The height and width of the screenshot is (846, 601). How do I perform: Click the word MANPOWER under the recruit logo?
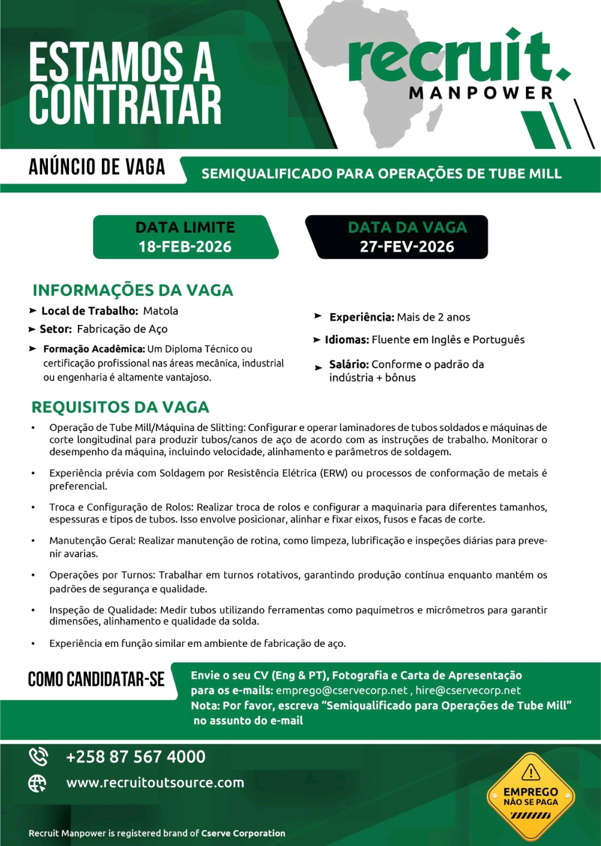[481, 93]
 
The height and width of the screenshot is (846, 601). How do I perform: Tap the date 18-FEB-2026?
[185, 246]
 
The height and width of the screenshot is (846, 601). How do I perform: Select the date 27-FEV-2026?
[407, 246]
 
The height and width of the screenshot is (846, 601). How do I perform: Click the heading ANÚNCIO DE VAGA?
[97, 167]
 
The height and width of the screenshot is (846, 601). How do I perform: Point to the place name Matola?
[160, 311]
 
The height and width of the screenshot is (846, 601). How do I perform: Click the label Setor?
[56, 329]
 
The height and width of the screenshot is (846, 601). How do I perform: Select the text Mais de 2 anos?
[433, 317]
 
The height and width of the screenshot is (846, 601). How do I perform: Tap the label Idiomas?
[347, 340]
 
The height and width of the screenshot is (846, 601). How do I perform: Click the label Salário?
[349, 364]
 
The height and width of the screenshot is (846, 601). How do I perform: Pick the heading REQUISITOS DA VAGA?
[120, 407]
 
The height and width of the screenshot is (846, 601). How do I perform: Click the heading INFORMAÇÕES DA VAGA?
[132, 290]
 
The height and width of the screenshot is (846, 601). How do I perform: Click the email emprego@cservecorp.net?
[342, 690]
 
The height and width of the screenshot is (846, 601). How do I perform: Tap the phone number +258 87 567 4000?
[136, 757]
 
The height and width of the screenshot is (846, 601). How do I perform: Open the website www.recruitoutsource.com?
[155, 783]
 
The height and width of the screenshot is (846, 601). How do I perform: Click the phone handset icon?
[38, 757]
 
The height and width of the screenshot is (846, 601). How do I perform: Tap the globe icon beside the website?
[37, 783]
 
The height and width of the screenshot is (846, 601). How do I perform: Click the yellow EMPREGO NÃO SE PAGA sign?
[530, 796]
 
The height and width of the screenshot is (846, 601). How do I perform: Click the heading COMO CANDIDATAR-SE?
[96, 679]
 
